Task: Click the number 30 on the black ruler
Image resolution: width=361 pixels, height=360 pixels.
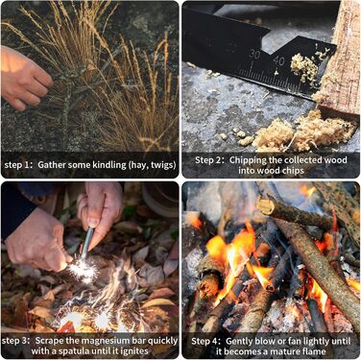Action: [x=254, y=54]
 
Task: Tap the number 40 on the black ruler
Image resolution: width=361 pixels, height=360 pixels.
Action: [x=278, y=60]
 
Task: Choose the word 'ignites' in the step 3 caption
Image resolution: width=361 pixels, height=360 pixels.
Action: [x=133, y=350]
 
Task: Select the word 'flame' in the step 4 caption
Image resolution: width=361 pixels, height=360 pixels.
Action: [x=314, y=351]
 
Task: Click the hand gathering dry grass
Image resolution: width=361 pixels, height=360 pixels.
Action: [x=25, y=78]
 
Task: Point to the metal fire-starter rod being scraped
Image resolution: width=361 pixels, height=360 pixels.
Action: [x=87, y=242]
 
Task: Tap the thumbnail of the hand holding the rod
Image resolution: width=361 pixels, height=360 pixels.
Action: [x=93, y=222]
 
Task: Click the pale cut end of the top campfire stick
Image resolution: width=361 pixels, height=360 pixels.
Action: [x=266, y=205]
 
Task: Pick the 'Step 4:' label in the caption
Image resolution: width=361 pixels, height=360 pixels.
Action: [x=205, y=341]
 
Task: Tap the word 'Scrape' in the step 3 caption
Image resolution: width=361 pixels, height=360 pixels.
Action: [x=49, y=340]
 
